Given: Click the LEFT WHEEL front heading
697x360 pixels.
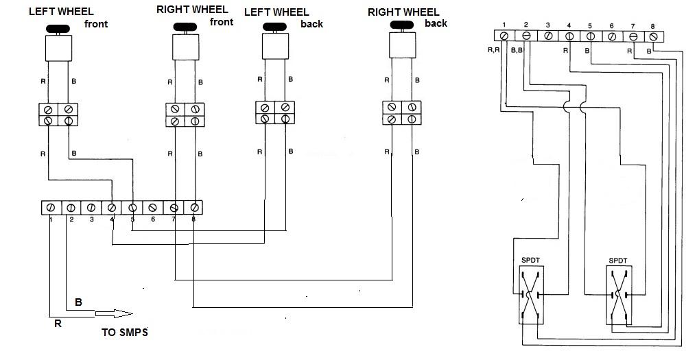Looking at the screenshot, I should (69, 16).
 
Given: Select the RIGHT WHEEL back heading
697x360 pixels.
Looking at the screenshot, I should (407, 17).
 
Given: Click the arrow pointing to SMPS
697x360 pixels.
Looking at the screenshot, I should (114, 314).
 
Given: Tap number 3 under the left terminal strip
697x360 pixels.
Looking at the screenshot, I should (91, 220).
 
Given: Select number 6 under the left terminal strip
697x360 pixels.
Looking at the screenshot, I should (153, 220).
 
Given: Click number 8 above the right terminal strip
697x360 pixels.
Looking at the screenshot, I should (652, 26).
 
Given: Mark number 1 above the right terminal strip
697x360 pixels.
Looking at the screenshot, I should (504, 26).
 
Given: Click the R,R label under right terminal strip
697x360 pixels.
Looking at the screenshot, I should (493, 50).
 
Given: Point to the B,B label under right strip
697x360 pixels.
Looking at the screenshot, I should (516, 50).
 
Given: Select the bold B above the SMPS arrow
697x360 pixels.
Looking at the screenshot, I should (78, 302).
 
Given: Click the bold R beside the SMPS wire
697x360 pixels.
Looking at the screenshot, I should (58, 324).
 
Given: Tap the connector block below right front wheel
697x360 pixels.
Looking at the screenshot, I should (185, 115).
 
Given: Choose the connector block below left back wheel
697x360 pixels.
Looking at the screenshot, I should (274, 113).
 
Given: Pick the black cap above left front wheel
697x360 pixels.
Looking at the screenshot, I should (57, 29).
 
